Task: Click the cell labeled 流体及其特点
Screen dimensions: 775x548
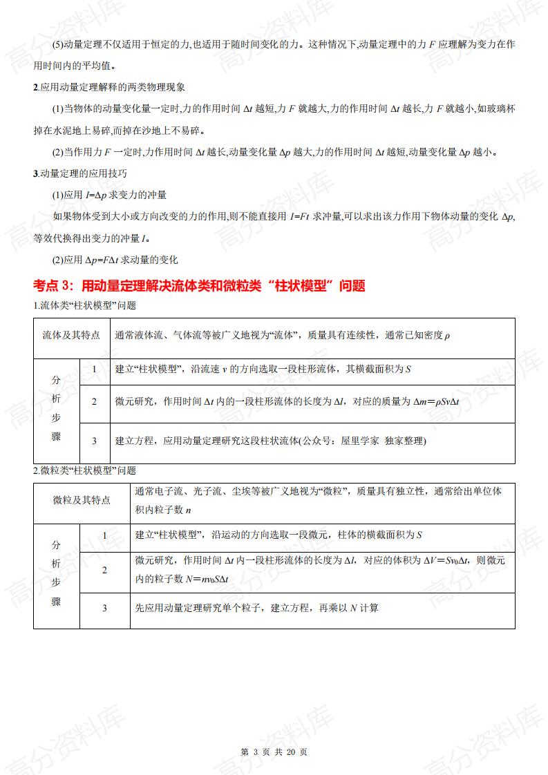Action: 71,335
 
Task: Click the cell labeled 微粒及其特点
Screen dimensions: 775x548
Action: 82,500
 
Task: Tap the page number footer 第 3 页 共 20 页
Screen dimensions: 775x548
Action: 274,752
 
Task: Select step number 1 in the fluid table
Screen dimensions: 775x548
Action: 95,369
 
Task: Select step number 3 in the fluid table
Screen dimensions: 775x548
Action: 95,441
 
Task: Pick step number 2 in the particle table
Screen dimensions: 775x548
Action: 104,570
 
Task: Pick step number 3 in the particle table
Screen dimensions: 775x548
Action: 104,608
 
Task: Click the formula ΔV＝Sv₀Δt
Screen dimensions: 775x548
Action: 446,560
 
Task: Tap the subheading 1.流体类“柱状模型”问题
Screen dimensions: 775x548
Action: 85,305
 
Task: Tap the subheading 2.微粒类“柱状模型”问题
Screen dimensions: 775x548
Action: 85,470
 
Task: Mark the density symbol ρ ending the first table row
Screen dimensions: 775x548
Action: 447,336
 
